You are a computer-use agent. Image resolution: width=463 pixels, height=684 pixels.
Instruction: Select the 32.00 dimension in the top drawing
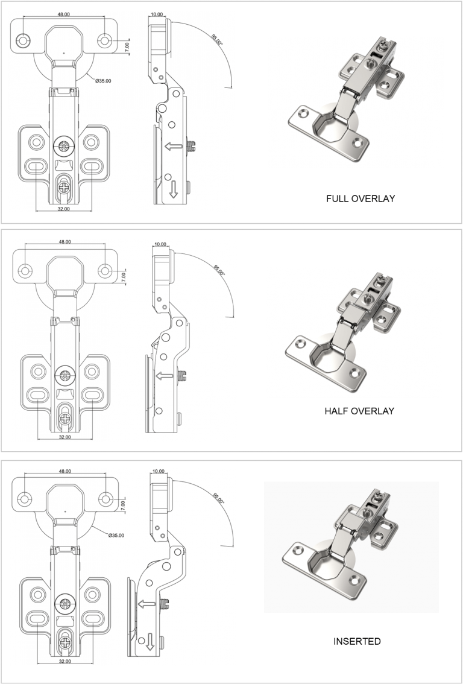pos(63,209)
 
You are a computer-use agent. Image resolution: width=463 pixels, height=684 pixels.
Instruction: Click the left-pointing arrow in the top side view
pos(175,145)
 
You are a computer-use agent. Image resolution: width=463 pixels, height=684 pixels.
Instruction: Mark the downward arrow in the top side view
pos(174,189)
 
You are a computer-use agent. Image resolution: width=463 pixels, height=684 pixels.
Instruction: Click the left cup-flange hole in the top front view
pos(24,41)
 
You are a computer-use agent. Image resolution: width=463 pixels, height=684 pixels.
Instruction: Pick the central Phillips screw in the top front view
pos(63,145)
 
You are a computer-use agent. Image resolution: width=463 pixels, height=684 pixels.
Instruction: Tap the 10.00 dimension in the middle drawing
pos(160,244)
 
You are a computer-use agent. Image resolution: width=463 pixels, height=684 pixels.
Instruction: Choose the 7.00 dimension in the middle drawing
pos(124,278)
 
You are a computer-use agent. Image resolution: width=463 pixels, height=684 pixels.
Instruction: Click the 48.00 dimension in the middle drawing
pos(65,241)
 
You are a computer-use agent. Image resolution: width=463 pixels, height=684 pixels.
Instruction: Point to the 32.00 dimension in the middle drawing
pos(65,437)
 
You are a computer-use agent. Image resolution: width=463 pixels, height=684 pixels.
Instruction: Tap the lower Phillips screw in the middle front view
pos(65,416)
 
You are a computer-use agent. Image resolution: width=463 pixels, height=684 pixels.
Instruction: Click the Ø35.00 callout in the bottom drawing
pos(117,535)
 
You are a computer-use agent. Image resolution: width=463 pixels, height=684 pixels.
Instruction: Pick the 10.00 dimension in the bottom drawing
pos(159,471)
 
